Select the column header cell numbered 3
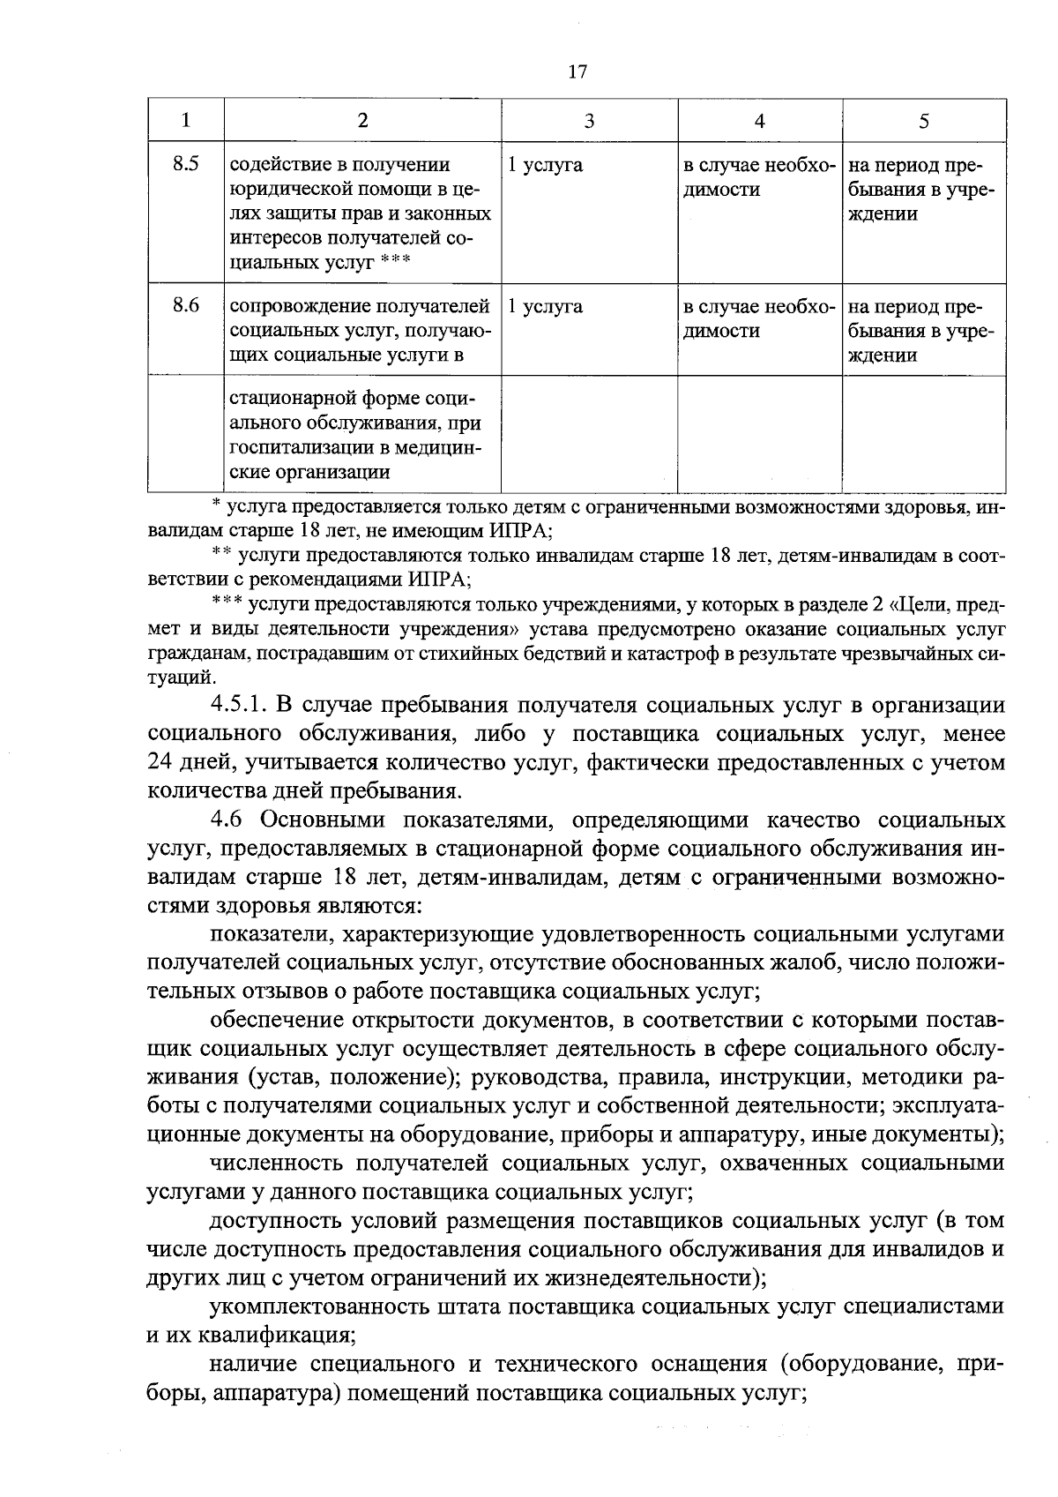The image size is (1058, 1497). pyautogui.click(x=589, y=121)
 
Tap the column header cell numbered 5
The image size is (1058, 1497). pyautogui.click(x=923, y=121)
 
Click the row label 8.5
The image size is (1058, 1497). pyautogui.click(x=186, y=164)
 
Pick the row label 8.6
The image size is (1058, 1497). pyautogui.click(x=186, y=305)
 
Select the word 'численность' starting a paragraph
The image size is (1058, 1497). pyautogui.click(x=279, y=1164)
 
